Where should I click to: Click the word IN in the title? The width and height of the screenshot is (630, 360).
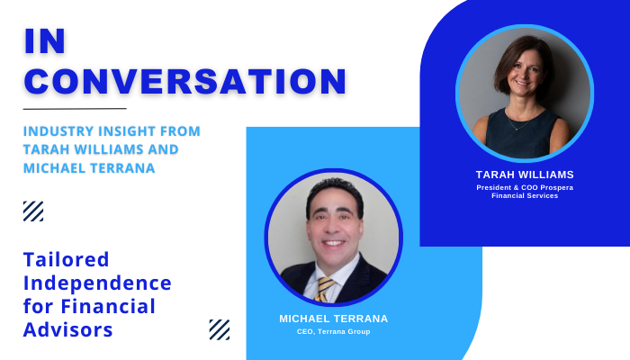(45, 41)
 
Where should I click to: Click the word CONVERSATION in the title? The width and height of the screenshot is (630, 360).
(185, 81)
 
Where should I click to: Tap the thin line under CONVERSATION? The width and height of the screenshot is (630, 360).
(75, 109)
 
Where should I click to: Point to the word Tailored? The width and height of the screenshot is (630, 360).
(67, 259)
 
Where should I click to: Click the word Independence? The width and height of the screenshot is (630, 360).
(97, 283)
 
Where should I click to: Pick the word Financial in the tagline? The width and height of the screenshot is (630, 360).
(108, 306)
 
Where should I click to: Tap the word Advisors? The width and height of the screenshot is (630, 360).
(67, 329)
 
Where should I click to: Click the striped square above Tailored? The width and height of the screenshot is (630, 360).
(33, 211)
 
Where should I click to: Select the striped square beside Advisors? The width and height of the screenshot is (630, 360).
(220, 330)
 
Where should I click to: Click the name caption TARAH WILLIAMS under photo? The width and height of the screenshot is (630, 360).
(525, 175)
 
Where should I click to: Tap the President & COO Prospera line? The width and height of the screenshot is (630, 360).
(525, 187)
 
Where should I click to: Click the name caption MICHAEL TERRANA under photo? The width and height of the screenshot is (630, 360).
(334, 319)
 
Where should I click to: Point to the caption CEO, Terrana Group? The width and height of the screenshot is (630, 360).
(334, 331)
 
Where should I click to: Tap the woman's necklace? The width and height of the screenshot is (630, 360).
(521, 121)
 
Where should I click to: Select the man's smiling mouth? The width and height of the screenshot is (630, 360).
(334, 243)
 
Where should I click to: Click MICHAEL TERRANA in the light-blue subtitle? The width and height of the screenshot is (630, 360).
(89, 168)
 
